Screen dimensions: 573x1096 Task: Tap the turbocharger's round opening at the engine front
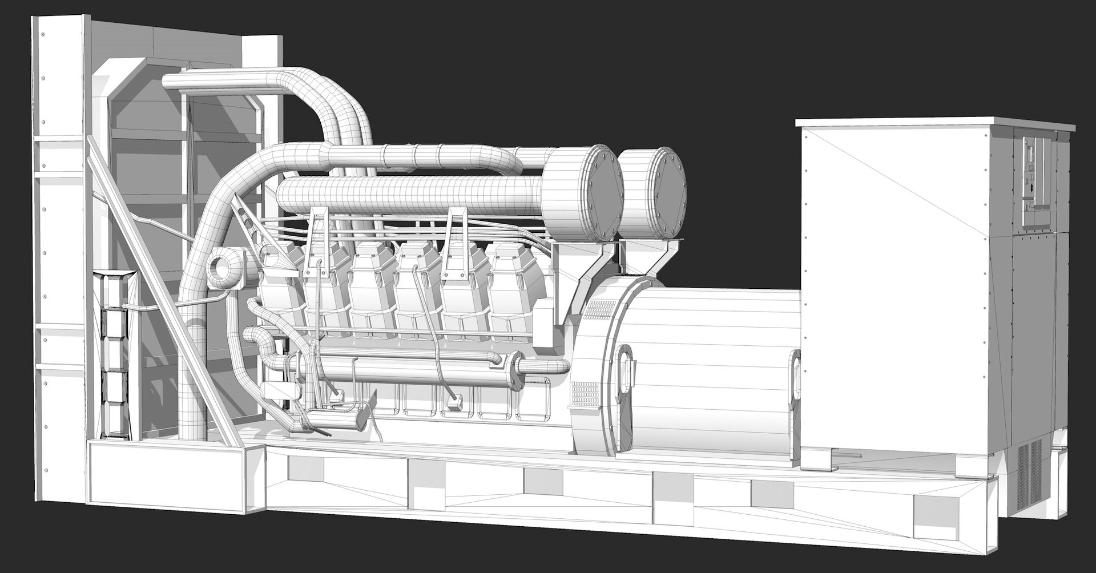pos(221,266)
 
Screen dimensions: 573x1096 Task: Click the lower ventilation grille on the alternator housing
pos(585,393)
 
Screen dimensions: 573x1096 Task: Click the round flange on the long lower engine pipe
pos(518,365)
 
